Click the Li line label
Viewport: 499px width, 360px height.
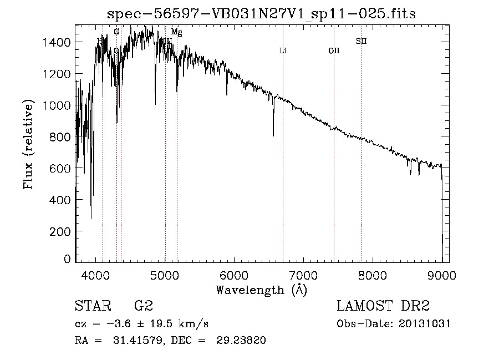[x=283, y=51]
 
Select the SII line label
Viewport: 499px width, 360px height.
[x=361, y=41]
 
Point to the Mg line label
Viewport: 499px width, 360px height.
[x=176, y=33]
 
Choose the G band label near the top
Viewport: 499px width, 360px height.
[x=116, y=32]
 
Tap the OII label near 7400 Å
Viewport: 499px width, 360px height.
[x=334, y=51]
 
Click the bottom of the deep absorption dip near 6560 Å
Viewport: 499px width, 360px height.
[x=273, y=135]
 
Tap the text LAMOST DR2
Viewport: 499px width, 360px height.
[x=383, y=306]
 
